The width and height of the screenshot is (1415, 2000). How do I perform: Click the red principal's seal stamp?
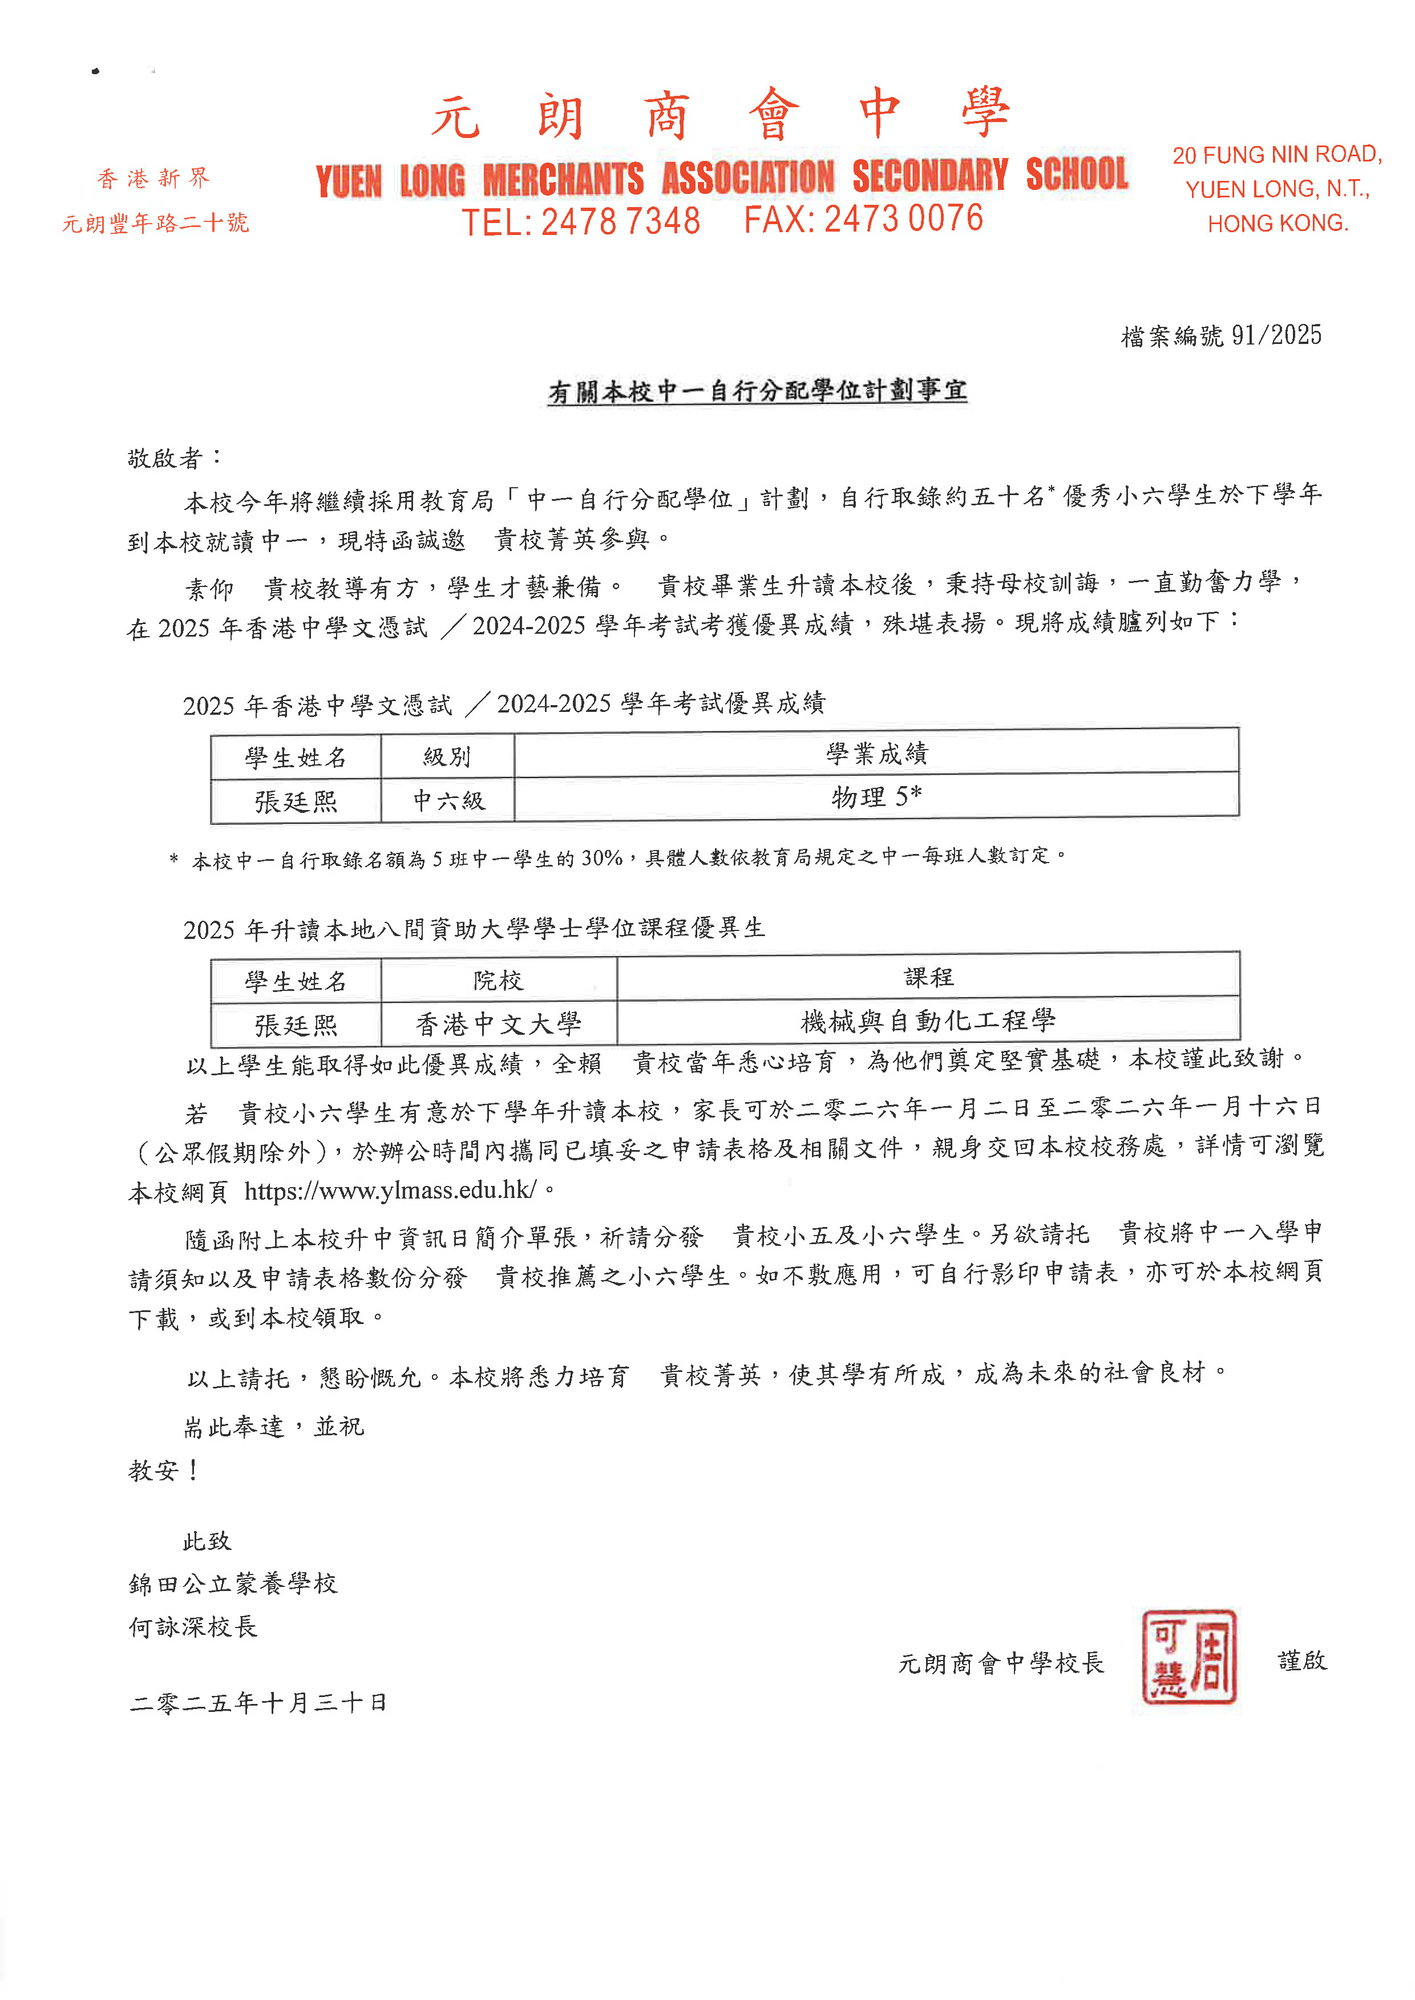tap(1188, 1656)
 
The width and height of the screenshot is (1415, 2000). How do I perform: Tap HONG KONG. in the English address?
tap(1277, 224)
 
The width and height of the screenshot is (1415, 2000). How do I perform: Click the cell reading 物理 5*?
tap(876, 796)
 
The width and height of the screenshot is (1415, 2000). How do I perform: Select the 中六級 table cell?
tap(448, 800)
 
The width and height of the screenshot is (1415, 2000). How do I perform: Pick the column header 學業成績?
tap(876, 752)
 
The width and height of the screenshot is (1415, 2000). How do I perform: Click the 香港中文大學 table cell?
tap(498, 1023)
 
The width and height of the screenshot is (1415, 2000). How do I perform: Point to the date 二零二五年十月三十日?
tap(258, 1702)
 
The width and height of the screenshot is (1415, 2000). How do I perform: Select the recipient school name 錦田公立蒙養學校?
tap(233, 1583)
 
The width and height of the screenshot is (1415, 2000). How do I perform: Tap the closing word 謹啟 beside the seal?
tap(1301, 1660)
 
